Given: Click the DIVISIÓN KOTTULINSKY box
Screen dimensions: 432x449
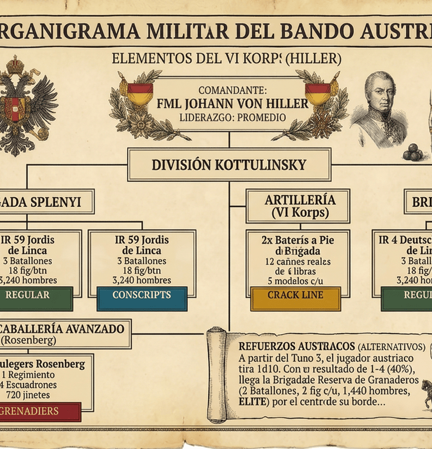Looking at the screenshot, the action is coord(229,165).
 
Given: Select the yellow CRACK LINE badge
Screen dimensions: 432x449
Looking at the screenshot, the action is coord(295,296).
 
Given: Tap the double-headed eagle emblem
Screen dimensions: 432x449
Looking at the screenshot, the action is coord(25,107).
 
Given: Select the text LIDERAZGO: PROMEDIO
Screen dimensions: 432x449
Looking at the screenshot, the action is coord(233,117).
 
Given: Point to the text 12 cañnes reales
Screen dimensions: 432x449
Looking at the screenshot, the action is coord(298,262).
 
